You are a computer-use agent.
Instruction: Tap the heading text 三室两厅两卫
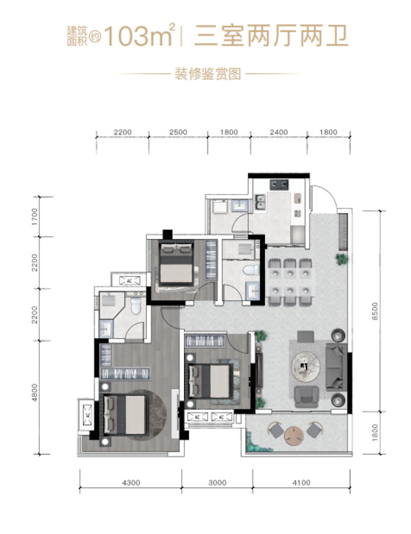click(271, 36)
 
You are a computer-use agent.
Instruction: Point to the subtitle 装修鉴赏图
click(207, 74)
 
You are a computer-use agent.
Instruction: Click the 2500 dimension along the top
click(178, 132)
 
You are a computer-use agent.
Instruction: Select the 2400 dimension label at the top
click(279, 132)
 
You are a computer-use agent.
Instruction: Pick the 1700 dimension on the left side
click(34, 217)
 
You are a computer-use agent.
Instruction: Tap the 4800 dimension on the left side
click(34, 393)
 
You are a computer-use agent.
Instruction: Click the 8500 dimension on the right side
click(375, 311)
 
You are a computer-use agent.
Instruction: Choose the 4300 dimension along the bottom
click(131, 482)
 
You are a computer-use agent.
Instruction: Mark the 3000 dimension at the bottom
click(217, 482)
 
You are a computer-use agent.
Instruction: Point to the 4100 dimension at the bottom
click(302, 482)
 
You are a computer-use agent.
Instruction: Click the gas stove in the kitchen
click(279, 185)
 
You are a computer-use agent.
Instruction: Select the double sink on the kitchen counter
click(261, 202)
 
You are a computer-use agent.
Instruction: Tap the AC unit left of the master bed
click(87, 415)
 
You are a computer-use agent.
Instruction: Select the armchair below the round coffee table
click(306, 396)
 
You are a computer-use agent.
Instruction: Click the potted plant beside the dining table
click(342, 259)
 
